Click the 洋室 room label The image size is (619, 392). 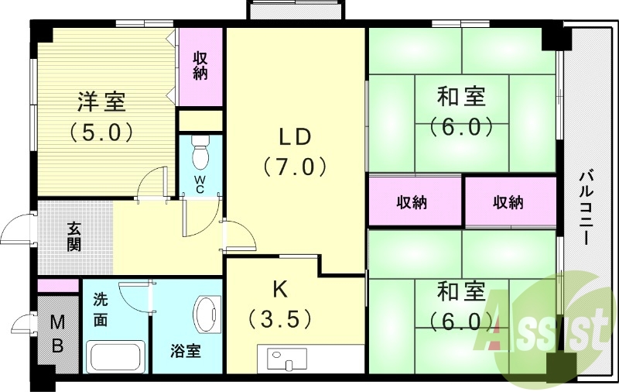[x=101, y=101]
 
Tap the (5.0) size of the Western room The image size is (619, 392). [x=101, y=131]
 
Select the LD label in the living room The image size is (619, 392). [x=295, y=136]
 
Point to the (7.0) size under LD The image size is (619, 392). [x=295, y=167]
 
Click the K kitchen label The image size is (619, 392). [x=279, y=288]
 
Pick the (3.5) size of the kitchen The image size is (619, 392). [x=279, y=318]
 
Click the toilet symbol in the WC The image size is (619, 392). [x=201, y=152]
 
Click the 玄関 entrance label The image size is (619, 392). [x=74, y=236]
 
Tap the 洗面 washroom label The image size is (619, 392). [x=101, y=309]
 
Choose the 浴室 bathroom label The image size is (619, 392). [x=186, y=351]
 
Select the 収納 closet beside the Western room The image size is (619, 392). [x=200, y=65]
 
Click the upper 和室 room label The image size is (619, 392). [x=462, y=98]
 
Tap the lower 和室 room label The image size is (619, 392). [x=462, y=292]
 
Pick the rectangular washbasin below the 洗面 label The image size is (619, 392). [x=116, y=358]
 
